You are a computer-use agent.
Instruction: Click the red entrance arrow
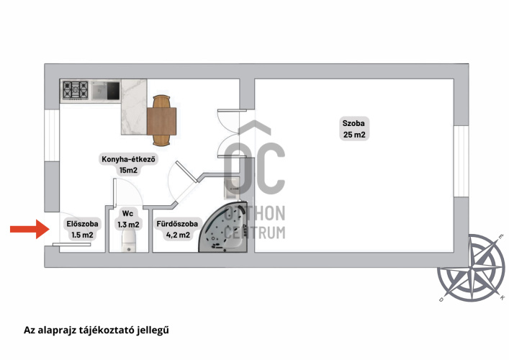[x=30, y=229]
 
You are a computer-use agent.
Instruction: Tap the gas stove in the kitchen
[x=76, y=90]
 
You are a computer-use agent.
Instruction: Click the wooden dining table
[x=162, y=120]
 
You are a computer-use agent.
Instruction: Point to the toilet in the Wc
[x=129, y=240]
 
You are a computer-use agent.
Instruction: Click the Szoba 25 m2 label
[x=353, y=129]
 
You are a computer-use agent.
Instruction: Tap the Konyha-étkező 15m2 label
[x=128, y=165]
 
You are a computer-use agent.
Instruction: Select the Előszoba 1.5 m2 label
[x=83, y=229]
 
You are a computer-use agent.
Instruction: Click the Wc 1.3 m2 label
[x=128, y=219]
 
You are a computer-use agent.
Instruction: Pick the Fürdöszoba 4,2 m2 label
[x=177, y=229]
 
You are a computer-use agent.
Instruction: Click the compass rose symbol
[x=471, y=268]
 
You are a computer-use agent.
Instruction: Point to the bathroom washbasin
[x=232, y=188]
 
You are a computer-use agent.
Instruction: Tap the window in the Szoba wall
[x=461, y=161]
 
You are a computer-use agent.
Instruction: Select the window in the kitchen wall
[x=52, y=135]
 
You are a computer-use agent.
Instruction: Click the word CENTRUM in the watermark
[x=255, y=233]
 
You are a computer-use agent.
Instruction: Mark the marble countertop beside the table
[x=134, y=107]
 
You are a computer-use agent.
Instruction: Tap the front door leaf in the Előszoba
[x=72, y=244]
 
